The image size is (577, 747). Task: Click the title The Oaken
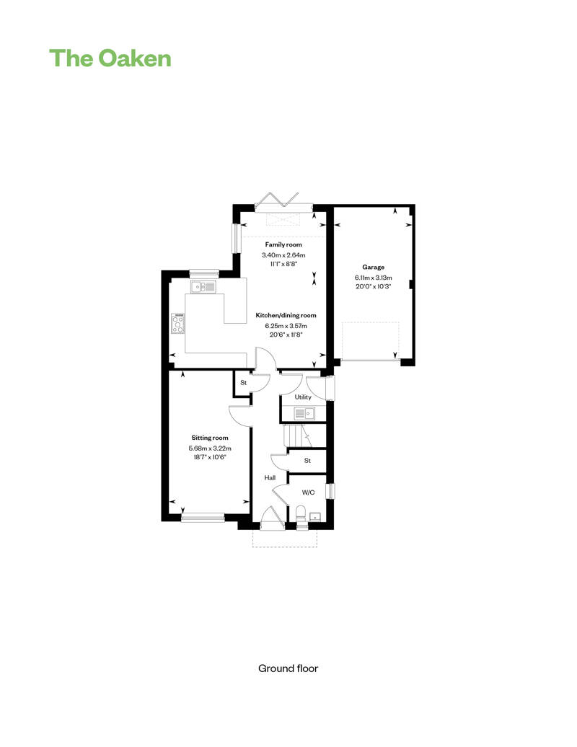(x=110, y=58)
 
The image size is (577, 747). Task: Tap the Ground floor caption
(x=288, y=668)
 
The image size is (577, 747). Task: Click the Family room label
(x=283, y=245)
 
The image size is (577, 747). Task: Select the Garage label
(x=373, y=267)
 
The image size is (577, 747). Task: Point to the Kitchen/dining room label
(x=286, y=315)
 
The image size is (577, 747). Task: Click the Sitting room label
(x=210, y=438)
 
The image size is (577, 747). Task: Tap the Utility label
(x=303, y=397)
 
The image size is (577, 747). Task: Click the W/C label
(x=308, y=492)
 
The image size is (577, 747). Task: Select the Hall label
(x=270, y=477)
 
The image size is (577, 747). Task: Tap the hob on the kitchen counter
(x=177, y=324)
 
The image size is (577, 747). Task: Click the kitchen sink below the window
(x=203, y=287)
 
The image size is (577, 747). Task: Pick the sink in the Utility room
(x=304, y=413)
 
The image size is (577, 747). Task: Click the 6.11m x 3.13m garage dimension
(x=373, y=278)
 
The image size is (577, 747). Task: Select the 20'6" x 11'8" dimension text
(x=286, y=335)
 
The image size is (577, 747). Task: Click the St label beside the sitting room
(x=243, y=383)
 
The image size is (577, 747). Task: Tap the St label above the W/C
(x=307, y=460)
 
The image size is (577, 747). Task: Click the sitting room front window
(x=203, y=516)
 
